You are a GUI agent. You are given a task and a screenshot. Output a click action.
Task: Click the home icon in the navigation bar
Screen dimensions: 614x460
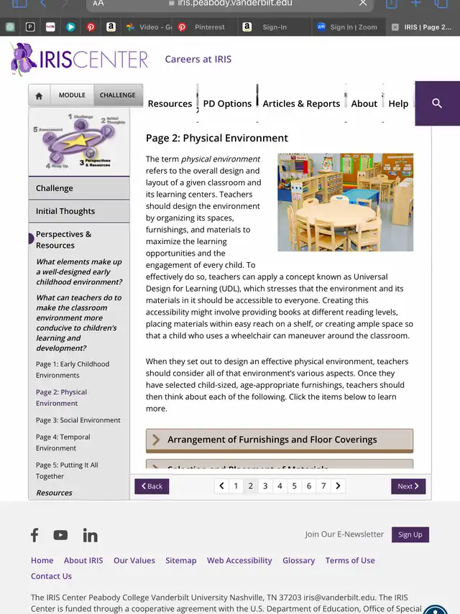(x=39, y=96)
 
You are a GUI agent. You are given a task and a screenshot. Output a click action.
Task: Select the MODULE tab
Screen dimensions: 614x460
(x=72, y=96)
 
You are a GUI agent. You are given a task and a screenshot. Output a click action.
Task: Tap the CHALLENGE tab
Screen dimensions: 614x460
(x=117, y=96)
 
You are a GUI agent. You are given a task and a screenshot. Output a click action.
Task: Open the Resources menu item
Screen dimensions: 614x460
(x=170, y=103)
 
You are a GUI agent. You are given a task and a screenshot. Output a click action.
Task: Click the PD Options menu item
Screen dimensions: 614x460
(x=227, y=103)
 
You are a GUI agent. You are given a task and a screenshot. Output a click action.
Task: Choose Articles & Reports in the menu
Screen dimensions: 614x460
(x=301, y=103)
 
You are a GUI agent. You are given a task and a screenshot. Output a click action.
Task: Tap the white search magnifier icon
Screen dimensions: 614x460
(x=437, y=103)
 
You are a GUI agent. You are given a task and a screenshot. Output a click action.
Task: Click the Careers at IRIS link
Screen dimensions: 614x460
(x=198, y=59)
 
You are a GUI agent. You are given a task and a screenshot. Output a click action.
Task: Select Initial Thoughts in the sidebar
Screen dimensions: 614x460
(x=65, y=211)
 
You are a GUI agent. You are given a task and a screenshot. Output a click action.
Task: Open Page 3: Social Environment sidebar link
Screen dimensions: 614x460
(x=78, y=420)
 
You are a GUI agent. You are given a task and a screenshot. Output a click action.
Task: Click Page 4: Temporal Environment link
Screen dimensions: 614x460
(x=63, y=442)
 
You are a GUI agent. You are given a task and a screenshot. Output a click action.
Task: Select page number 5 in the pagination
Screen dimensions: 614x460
(x=295, y=486)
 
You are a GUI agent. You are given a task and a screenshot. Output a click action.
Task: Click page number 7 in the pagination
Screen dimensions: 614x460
(x=323, y=486)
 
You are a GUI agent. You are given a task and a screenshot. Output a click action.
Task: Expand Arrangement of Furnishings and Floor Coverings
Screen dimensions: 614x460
(x=279, y=439)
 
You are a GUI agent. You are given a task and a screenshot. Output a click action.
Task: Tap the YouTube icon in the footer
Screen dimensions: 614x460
(x=60, y=535)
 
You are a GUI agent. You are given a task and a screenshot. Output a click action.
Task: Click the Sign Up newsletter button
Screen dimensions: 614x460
(x=410, y=534)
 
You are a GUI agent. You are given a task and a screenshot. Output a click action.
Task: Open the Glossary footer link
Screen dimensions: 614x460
(x=298, y=560)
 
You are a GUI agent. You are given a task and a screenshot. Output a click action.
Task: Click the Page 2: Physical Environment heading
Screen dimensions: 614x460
(x=217, y=138)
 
